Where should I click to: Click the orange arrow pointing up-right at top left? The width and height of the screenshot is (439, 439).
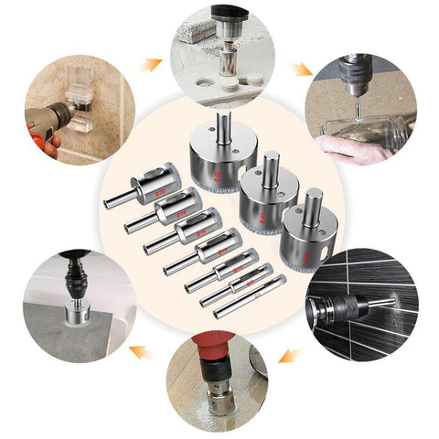tap(150, 64)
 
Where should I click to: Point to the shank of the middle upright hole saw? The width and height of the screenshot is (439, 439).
tap(270, 169)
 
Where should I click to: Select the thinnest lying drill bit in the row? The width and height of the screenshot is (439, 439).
tap(244, 301)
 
